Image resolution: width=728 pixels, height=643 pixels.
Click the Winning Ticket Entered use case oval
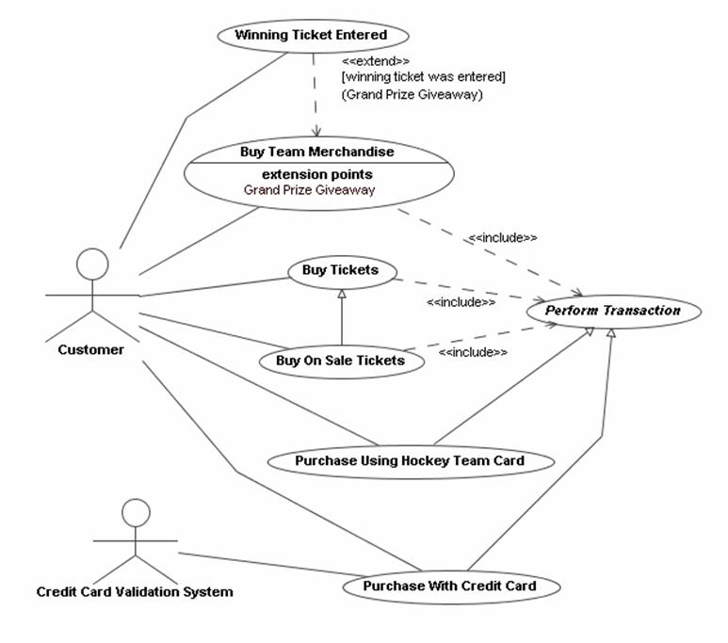coord(311,36)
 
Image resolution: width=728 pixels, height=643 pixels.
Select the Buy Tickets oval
coord(340,271)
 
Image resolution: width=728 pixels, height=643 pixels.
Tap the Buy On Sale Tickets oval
coord(340,360)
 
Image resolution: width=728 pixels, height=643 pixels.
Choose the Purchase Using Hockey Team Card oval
coord(409,461)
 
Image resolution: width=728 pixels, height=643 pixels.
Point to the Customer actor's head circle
coord(92,265)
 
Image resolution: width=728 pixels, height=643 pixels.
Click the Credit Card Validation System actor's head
coord(136,513)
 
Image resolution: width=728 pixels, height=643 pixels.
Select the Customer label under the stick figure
coord(90,350)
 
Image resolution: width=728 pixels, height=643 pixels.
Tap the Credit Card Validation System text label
coord(135,592)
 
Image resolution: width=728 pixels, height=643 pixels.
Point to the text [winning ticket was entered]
coord(423,76)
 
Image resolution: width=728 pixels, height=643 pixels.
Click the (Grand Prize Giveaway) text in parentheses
coord(412,94)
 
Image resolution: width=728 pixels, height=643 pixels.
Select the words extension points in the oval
coord(316,174)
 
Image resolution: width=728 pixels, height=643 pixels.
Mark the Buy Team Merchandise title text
coord(316,151)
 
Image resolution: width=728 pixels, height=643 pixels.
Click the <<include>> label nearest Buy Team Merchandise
coord(502,238)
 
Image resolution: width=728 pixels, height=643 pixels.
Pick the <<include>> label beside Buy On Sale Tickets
coord(473,352)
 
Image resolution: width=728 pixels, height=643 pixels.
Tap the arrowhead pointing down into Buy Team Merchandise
coord(316,133)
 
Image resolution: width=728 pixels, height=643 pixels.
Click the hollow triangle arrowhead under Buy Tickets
coord(341,295)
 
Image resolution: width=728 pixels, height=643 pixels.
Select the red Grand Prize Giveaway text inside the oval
coord(309,190)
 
